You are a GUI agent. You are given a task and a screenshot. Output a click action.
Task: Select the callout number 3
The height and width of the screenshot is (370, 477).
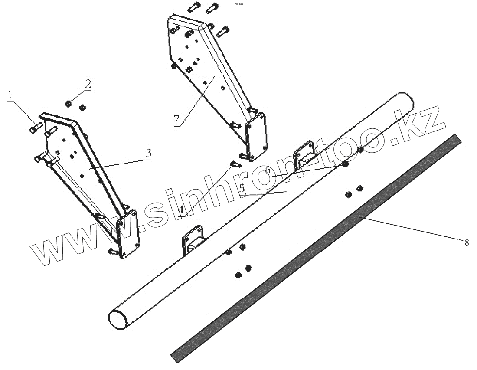(148, 153)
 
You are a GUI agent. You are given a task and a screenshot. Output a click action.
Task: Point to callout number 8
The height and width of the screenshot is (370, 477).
(466, 242)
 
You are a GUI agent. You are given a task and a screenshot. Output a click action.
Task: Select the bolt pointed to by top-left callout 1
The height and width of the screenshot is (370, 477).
(36, 128)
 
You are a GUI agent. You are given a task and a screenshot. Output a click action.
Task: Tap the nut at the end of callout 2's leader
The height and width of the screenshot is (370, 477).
(68, 103)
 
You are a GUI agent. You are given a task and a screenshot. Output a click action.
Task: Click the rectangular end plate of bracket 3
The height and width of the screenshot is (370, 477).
(129, 234)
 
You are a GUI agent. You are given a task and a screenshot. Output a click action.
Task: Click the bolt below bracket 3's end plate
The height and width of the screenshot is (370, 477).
(112, 251)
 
